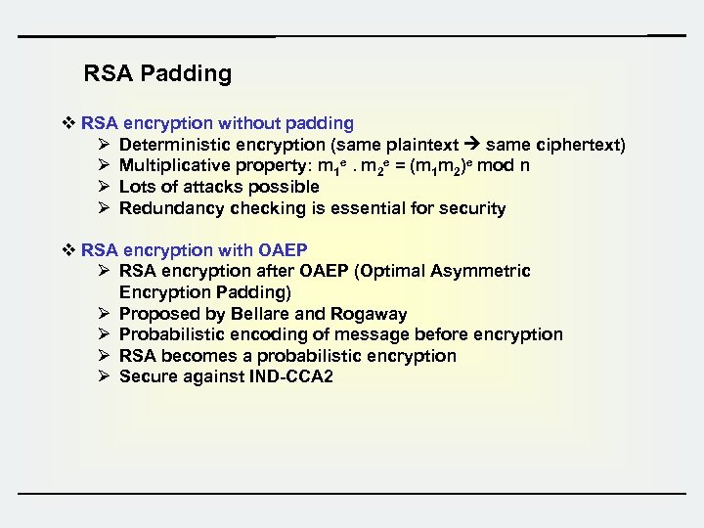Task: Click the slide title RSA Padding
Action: click(157, 73)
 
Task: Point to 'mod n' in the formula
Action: click(503, 165)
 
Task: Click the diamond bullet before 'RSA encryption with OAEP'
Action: click(68, 249)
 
